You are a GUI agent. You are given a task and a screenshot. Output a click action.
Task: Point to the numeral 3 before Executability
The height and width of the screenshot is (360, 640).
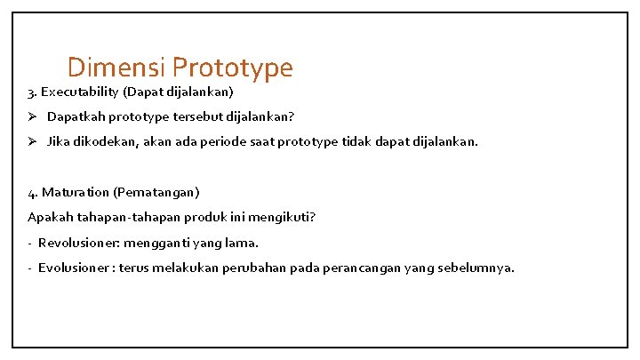click(31, 92)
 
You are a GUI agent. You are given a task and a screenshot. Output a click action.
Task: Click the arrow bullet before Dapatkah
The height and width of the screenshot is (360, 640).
click(33, 116)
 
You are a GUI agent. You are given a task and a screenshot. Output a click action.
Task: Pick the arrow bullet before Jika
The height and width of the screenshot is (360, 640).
click(33, 141)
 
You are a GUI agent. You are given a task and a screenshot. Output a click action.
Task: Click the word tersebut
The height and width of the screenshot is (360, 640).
click(197, 116)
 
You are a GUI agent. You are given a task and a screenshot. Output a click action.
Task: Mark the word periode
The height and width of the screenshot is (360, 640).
click(236, 141)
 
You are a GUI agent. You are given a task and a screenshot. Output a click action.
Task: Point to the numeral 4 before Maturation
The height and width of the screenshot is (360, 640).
click(31, 192)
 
